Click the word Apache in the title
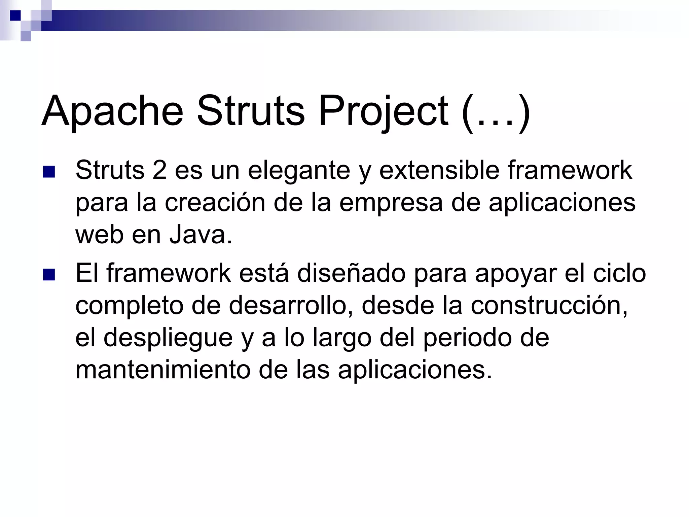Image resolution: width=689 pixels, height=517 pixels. click(112, 111)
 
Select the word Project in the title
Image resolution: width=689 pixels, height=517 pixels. click(383, 111)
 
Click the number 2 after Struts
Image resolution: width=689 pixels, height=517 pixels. click(159, 170)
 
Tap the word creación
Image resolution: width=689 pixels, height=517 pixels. click(215, 203)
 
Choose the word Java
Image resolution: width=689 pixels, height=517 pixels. click(201, 235)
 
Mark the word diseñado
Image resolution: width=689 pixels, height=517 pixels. click(351, 273)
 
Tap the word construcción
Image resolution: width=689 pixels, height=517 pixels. click(549, 306)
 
